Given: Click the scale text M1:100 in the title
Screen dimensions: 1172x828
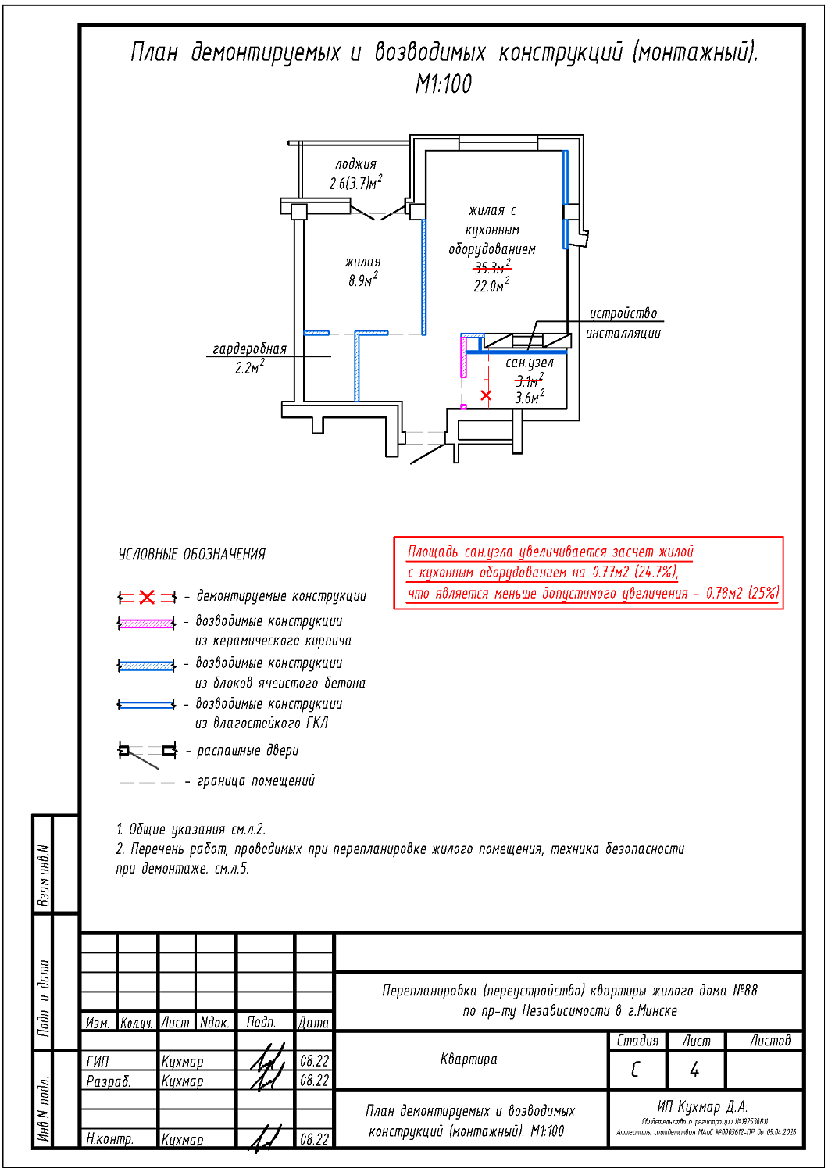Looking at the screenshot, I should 444,84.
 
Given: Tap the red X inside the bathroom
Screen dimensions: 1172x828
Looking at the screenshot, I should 486,395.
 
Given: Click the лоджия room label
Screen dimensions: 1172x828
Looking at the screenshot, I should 355,164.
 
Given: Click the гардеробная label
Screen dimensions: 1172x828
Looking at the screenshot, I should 249,348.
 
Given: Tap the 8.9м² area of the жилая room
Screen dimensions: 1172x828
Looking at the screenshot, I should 363,280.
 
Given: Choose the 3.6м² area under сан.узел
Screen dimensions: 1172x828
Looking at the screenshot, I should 529,398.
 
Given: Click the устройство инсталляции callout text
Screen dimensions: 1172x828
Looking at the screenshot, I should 623,323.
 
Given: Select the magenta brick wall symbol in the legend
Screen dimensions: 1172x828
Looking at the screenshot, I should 147,623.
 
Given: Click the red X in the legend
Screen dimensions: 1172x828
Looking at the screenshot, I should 147,597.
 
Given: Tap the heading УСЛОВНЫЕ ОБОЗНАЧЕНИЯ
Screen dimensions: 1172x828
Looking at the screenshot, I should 191,555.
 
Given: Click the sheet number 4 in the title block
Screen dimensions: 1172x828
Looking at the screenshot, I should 694,1070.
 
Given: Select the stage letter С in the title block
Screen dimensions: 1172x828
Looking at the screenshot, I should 635,1070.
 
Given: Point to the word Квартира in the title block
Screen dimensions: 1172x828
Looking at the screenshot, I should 469,1059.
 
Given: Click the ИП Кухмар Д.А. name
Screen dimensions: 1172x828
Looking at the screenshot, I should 702,1107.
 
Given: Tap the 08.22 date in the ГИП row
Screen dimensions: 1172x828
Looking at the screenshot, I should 314,1061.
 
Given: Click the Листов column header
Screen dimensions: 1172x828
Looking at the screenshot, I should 769,1041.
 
